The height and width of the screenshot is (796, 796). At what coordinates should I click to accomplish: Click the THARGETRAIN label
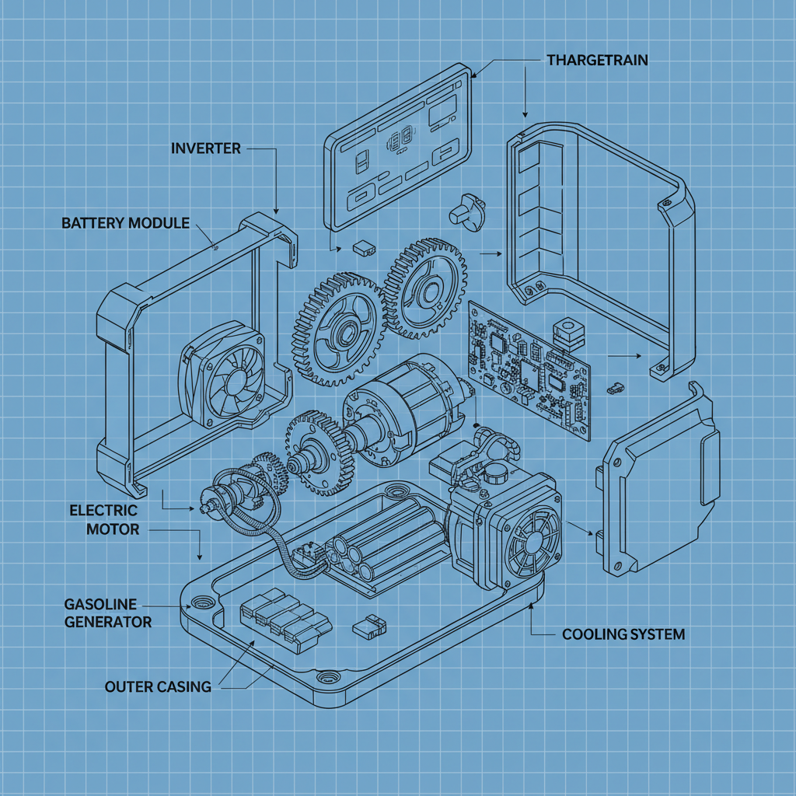coord(597,60)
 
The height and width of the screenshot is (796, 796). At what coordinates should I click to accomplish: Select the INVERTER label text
coord(205,148)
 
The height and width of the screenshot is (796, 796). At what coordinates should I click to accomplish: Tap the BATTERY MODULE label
coord(125,223)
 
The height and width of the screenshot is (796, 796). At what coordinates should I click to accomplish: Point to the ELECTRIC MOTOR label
coord(103,520)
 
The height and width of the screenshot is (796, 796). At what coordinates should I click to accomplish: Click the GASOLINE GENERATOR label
coord(108,613)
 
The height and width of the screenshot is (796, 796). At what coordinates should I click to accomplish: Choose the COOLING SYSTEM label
coord(623,634)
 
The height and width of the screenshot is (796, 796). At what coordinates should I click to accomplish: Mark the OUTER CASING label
coord(158,686)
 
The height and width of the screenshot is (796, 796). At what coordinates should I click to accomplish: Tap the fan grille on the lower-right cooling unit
coord(532,541)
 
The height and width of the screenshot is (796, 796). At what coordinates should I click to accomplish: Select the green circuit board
coord(528,365)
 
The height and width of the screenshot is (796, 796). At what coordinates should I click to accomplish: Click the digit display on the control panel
coord(398,141)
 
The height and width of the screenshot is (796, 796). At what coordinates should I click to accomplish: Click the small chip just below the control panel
coord(363,248)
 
